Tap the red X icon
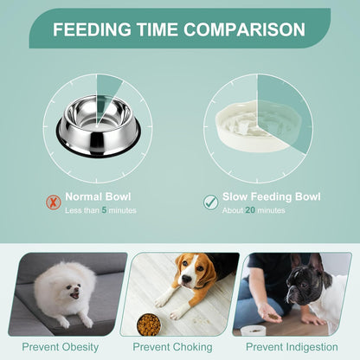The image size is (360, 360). point(51,201)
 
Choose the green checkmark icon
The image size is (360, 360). point(209,202)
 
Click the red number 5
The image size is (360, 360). point(105,209)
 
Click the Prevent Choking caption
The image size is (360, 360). point(180,348)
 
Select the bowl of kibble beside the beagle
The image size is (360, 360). point(149,324)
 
